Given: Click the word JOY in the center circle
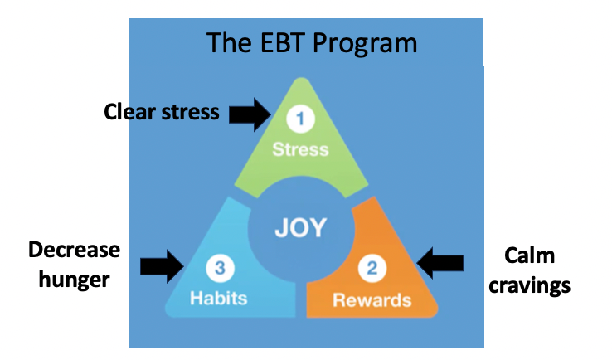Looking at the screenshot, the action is pyautogui.click(x=300, y=226).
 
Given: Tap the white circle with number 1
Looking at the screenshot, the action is pyautogui.click(x=300, y=119).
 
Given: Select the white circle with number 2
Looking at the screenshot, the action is pyautogui.click(x=372, y=268).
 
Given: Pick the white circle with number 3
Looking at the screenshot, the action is pyautogui.click(x=220, y=268).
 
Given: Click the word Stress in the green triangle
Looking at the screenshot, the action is pyautogui.click(x=300, y=149).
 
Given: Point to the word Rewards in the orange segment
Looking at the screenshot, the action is pyautogui.click(x=372, y=300).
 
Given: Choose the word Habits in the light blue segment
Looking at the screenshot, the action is pyautogui.click(x=219, y=299).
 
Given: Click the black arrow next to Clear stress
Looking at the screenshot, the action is pyautogui.click(x=250, y=114).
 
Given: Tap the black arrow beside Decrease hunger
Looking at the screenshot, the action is pyautogui.click(x=162, y=266).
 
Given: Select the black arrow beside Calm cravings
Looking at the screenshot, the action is pyautogui.click(x=440, y=263).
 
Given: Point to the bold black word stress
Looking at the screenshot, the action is pyautogui.click(x=191, y=113).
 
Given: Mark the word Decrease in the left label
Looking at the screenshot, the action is pyautogui.click(x=74, y=250).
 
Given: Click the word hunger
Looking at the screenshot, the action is pyautogui.click(x=74, y=280).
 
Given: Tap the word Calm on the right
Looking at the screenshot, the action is pyautogui.click(x=529, y=255).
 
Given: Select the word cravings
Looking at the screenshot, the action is pyautogui.click(x=529, y=286).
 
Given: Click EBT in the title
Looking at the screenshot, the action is pyautogui.click(x=282, y=42).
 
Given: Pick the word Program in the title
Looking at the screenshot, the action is pyautogui.click(x=366, y=44).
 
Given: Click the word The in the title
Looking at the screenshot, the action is pyautogui.click(x=229, y=42).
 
